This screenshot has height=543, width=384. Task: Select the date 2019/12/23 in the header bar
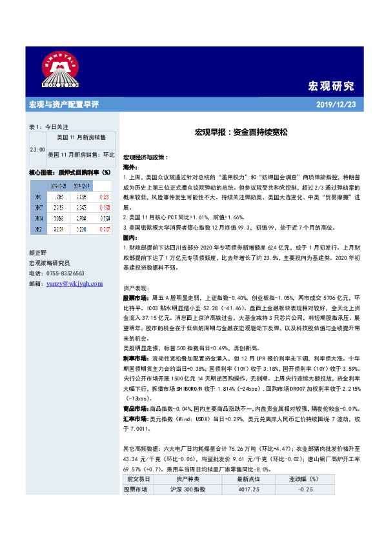(x=336, y=104)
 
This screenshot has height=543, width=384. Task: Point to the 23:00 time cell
(x=37, y=149)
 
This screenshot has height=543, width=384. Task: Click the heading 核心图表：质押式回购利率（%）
(x=70, y=173)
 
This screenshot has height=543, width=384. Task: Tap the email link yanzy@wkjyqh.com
(x=76, y=282)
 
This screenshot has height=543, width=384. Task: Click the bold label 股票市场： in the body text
(x=135, y=300)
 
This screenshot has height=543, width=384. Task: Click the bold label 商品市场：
(x=135, y=410)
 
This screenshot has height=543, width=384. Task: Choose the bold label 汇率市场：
(x=135, y=419)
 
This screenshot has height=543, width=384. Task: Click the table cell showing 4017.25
(x=247, y=489)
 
